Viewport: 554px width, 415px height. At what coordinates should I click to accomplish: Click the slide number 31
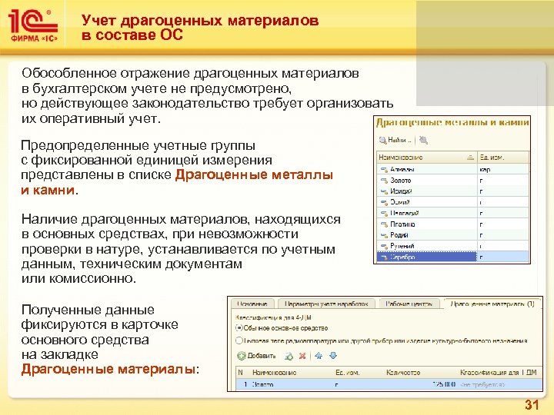point(532,405)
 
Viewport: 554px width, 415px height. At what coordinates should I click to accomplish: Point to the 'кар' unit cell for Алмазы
point(486,168)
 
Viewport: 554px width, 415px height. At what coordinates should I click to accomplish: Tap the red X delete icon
point(303,356)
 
